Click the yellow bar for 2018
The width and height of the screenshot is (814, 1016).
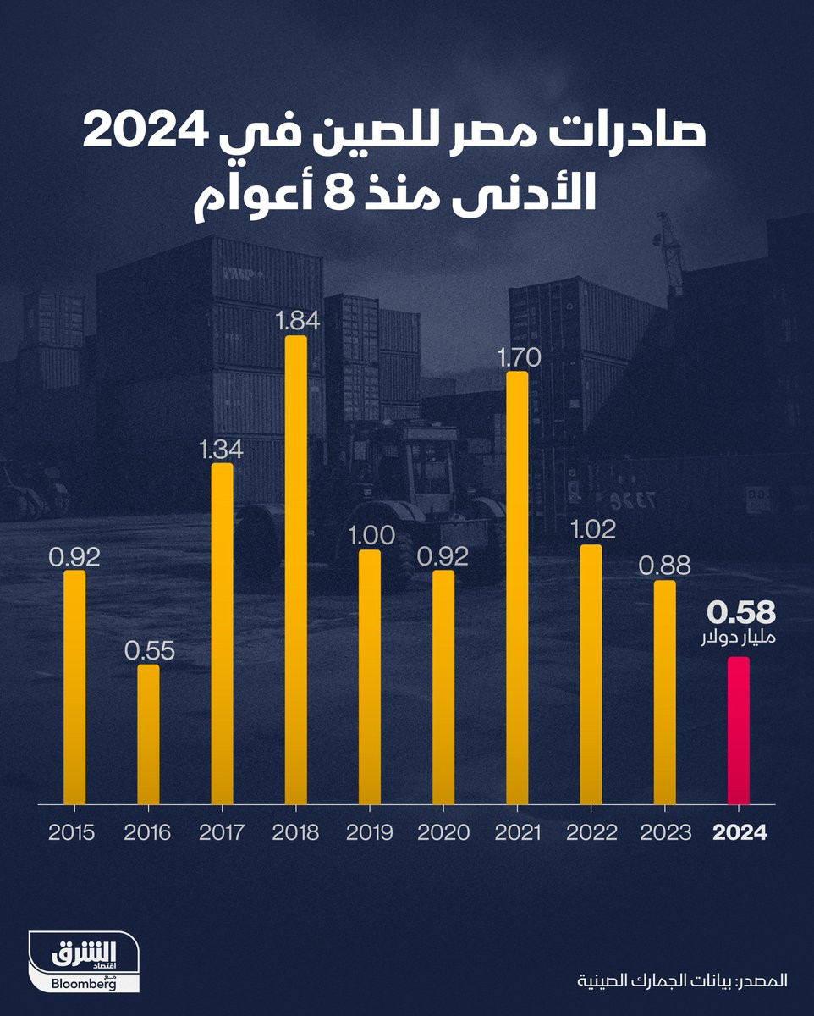pyautogui.click(x=295, y=570)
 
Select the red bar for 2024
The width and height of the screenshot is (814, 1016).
pyautogui.click(x=739, y=730)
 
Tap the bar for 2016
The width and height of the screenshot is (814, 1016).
pyautogui.click(x=148, y=733)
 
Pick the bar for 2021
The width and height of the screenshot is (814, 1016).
pyautogui.click(x=517, y=587)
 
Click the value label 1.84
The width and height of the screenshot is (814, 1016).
pyautogui.click(x=296, y=321)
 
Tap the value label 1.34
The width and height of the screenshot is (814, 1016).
pyautogui.click(x=222, y=449)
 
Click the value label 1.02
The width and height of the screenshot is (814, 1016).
pyautogui.click(x=591, y=530)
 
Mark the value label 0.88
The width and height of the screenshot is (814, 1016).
pyautogui.click(x=665, y=565)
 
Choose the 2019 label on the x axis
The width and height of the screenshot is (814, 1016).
pyautogui.click(x=369, y=832)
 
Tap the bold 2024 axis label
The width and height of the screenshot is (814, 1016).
pyautogui.click(x=740, y=832)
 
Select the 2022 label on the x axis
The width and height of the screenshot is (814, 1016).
pyautogui.click(x=591, y=832)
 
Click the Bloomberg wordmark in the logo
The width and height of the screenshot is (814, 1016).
pyautogui.click(x=83, y=984)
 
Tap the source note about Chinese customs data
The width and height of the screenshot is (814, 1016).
pyautogui.click(x=682, y=980)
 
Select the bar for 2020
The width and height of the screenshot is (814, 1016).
pyautogui.click(x=443, y=687)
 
